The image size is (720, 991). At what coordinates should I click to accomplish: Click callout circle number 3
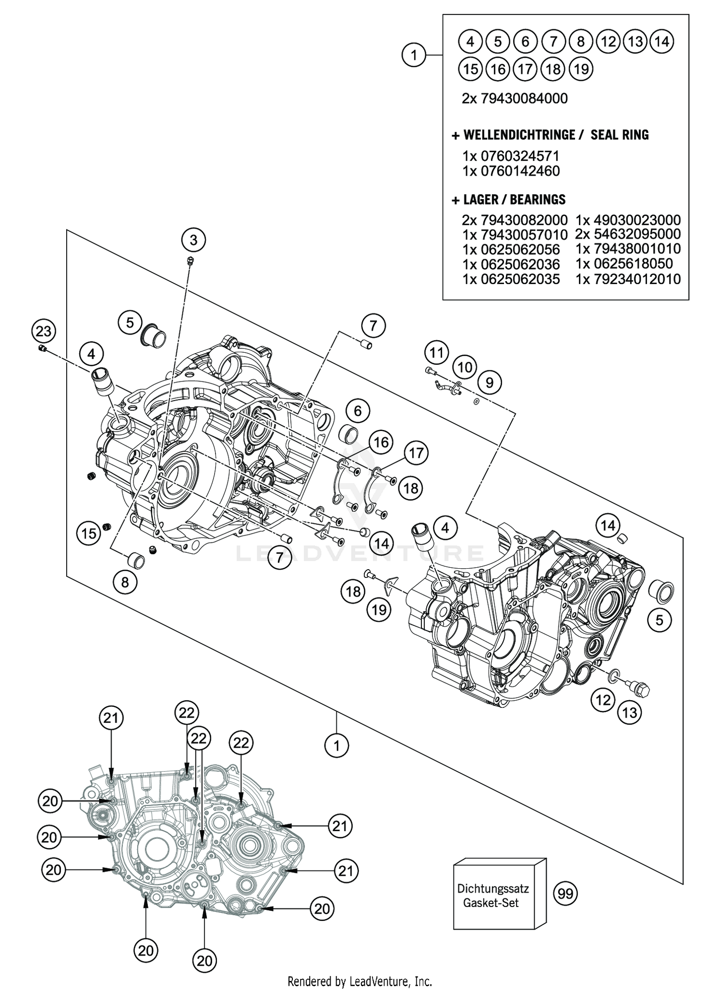[193, 239]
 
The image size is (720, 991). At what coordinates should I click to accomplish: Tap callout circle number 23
[43, 331]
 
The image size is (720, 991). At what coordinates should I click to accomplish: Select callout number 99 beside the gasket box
[566, 894]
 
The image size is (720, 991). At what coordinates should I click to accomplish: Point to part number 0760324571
[511, 156]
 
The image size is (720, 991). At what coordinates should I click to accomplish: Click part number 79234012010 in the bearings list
[628, 279]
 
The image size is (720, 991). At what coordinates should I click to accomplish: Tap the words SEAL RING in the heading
[619, 135]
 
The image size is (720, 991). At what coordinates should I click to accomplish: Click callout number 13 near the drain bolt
[629, 712]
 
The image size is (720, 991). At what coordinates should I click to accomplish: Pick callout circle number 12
[603, 700]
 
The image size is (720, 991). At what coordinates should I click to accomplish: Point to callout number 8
[125, 582]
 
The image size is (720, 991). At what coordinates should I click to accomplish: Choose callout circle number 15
[89, 533]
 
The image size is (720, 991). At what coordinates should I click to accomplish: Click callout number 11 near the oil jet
[436, 353]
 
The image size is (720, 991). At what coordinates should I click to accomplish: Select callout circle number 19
[379, 610]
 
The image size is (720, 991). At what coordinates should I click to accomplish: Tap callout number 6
[358, 411]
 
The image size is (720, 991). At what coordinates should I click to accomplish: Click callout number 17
[416, 453]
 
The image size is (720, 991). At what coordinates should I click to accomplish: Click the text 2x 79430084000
[515, 98]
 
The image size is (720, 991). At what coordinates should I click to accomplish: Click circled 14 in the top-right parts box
[662, 42]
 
